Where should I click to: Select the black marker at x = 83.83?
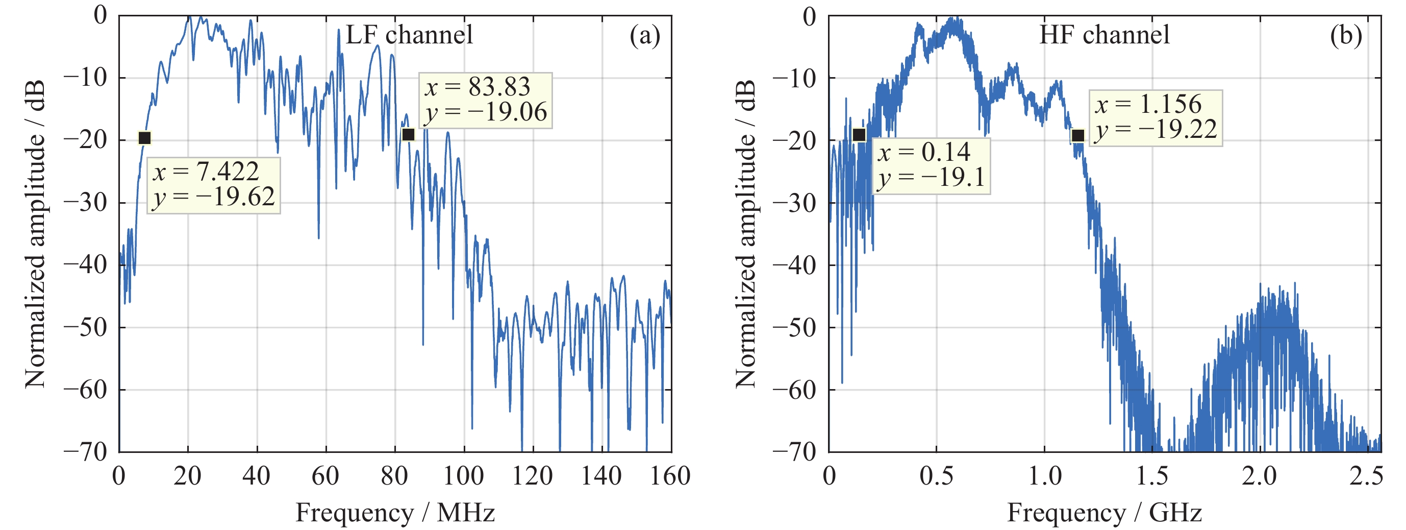408,134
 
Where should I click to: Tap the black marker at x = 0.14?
859,134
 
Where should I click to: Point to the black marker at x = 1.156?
1078,135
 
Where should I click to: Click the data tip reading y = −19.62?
213,185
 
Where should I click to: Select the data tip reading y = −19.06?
485,100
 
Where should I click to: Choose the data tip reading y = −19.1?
931,165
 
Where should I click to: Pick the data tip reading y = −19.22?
1156,117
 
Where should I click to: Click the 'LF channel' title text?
409,35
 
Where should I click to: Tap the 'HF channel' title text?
1104,35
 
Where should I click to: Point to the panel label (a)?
645,36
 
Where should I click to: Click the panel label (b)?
1345,36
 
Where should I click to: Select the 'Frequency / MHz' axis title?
395,513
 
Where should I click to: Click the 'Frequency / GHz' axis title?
1104,513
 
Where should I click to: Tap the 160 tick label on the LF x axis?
670,476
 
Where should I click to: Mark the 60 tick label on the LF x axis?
325,476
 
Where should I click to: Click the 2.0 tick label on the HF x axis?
1259,476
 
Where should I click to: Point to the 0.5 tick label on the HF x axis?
936,476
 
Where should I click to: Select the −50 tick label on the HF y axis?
795,328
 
